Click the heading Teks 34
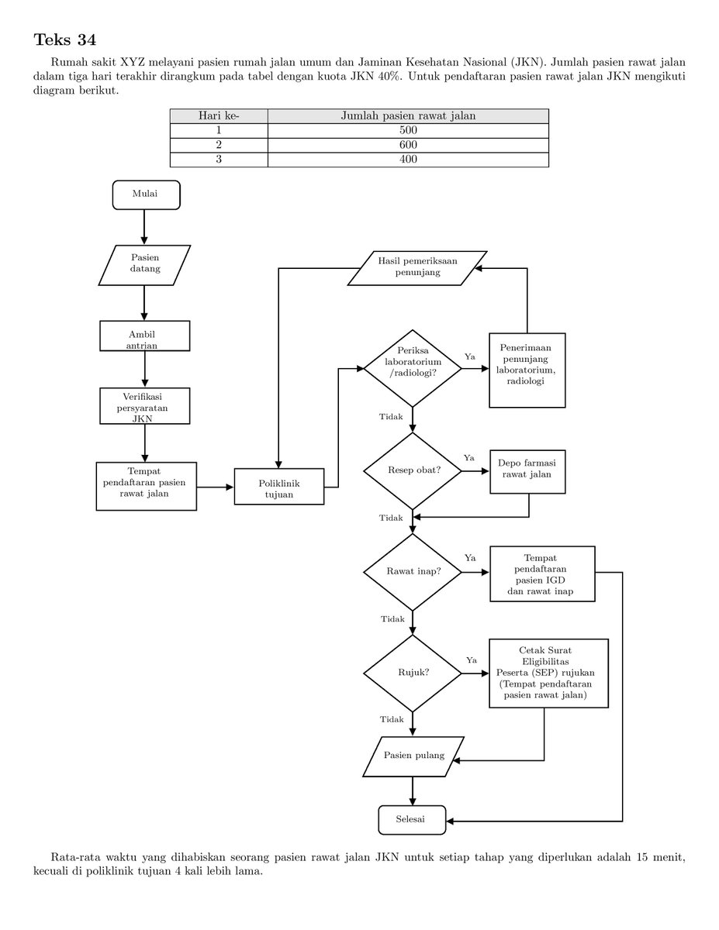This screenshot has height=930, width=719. click(64, 40)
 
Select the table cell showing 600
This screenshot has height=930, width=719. click(408, 145)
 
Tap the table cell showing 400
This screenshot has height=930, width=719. click(408, 159)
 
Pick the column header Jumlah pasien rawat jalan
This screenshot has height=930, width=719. click(408, 116)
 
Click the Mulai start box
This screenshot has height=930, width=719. click(146, 195)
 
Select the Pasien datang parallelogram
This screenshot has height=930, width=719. click(144, 265)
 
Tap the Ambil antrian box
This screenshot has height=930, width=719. click(145, 336)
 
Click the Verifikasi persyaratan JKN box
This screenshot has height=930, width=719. click(145, 406)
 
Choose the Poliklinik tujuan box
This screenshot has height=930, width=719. click(278, 487)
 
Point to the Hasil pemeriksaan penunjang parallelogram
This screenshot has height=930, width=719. click(417, 268)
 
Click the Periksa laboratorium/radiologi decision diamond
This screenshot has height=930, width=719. click(413, 368)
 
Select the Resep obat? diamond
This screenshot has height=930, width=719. click(413, 470)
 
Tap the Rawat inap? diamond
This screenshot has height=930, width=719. click(413, 572)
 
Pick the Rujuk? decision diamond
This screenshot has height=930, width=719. click(413, 673)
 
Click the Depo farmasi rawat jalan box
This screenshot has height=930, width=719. click(527, 472)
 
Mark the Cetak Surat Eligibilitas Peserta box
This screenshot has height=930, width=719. click(548, 673)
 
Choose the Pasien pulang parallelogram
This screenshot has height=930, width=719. click(413, 756)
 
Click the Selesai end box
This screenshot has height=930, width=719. click(412, 820)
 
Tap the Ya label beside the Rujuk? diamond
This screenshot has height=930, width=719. click(472, 660)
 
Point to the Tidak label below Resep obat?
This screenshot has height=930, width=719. click(391, 518)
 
